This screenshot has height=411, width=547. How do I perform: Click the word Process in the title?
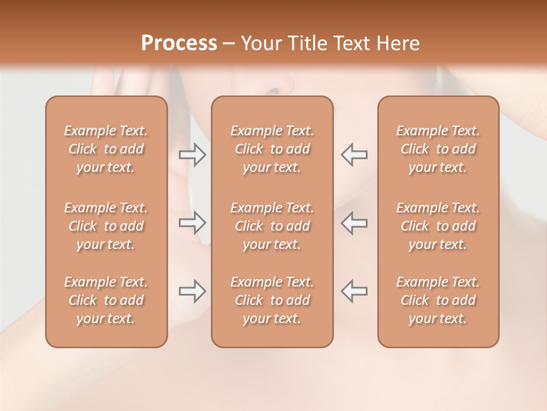click(179, 43)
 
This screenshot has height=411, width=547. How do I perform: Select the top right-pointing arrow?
click(193, 155)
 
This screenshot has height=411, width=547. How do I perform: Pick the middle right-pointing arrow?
click(193, 223)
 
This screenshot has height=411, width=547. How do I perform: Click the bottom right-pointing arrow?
click(193, 291)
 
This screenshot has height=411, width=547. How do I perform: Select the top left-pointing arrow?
click(354, 155)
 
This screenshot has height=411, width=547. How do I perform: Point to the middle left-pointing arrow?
click(354, 223)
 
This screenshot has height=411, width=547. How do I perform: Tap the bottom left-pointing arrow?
click(354, 291)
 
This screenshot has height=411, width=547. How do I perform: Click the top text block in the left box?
click(106, 149)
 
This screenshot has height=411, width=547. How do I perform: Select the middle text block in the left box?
click(106, 226)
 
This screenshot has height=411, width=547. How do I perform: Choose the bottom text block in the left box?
click(106, 300)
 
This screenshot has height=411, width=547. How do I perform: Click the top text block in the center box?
click(272, 149)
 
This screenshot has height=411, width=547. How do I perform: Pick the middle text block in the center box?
click(272, 226)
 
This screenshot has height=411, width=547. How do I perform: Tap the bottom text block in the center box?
click(272, 300)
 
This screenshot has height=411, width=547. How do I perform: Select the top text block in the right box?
click(438, 149)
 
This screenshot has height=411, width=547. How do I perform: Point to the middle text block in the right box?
click(438, 226)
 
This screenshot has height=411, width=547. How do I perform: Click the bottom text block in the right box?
click(438, 300)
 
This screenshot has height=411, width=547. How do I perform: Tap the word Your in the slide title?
click(261, 43)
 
